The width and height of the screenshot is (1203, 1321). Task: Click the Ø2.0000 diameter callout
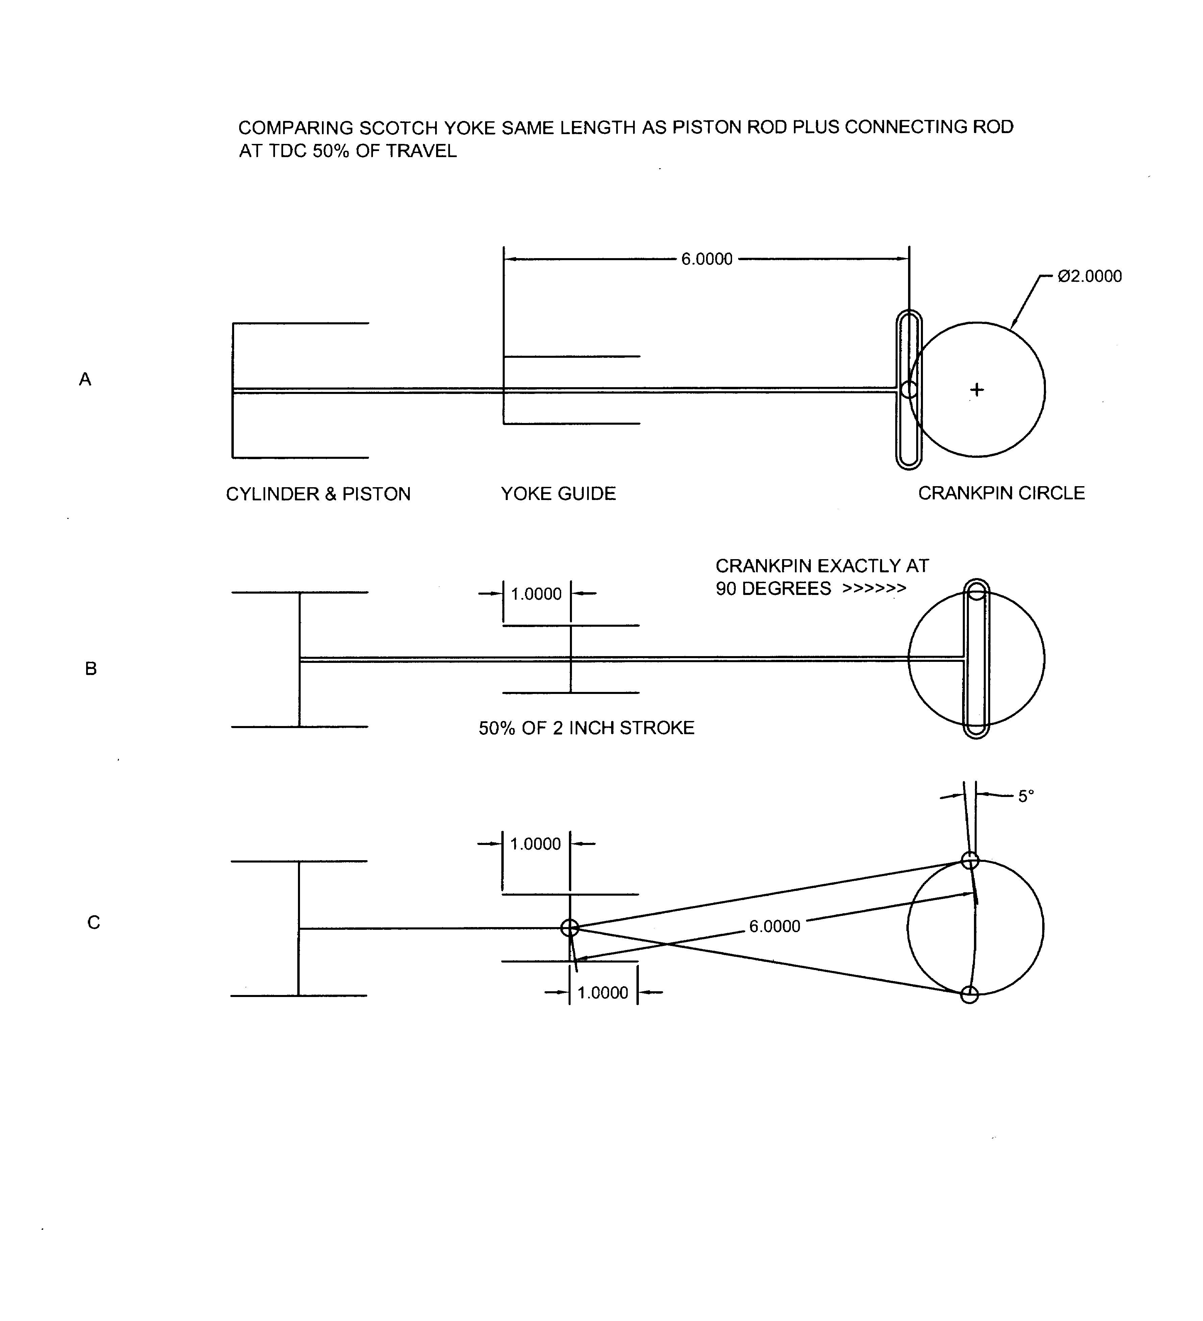pyautogui.click(x=1089, y=276)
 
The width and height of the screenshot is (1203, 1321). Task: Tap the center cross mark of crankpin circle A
pyautogui.click(x=976, y=390)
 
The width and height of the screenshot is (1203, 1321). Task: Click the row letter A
pyautogui.click(x=85, y=379)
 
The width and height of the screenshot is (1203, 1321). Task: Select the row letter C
pyautogui.click(x=94, y=923)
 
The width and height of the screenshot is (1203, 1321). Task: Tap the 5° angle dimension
pyautogui.click(x=1025, y=796)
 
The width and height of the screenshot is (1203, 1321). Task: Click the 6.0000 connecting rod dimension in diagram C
pyautogui.click(x=775, y=926)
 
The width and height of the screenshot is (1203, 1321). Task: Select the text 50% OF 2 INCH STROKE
pyautogui.click(x=586, y=728)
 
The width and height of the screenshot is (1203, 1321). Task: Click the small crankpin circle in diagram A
pyautogui.click(x=909, y=389)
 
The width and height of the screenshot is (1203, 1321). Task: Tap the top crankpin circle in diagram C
pyautogui.click(x=970, y=860)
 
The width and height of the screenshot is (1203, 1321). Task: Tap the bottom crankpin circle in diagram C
pyautogui.click(x=969, y=995)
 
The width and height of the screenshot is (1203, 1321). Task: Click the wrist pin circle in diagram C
pyautogui.click(x=569, y=928)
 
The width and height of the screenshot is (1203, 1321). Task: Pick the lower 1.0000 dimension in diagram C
pyautogui.click(x=603, y=993)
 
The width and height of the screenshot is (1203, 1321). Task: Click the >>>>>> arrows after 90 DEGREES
pyautogui.click(x=874, y=589)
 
